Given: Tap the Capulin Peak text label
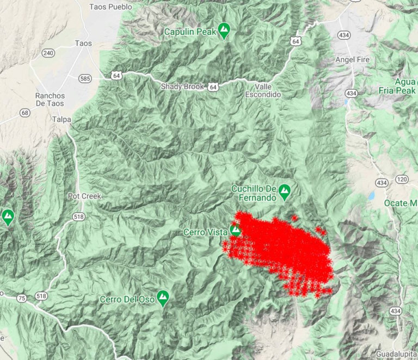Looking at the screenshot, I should pyautogui.click(x=190, y=32).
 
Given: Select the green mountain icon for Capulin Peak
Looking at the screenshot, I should pyautogui.click(x=224, y=30).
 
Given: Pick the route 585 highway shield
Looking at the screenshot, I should pyautogui.click(x=84, y=78).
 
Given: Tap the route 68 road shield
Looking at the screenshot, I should pyautogui.click(x=24, y=113).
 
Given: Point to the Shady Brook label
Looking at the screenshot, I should pyautogui.click(x=182, y=86).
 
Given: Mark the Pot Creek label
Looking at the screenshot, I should pyautogui.click(x=84, y=196).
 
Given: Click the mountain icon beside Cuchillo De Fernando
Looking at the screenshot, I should pyautogui.click(x=284, y=191).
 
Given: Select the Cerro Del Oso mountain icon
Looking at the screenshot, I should pyautogui.click(x=162, y=297).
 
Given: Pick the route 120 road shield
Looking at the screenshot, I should pyautogui.click(x=402, y=179).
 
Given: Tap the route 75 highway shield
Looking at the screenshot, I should pyautogui.click(x=21, y=298).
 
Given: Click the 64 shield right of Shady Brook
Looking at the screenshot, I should pyautogui.click(x=213, y=87).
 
